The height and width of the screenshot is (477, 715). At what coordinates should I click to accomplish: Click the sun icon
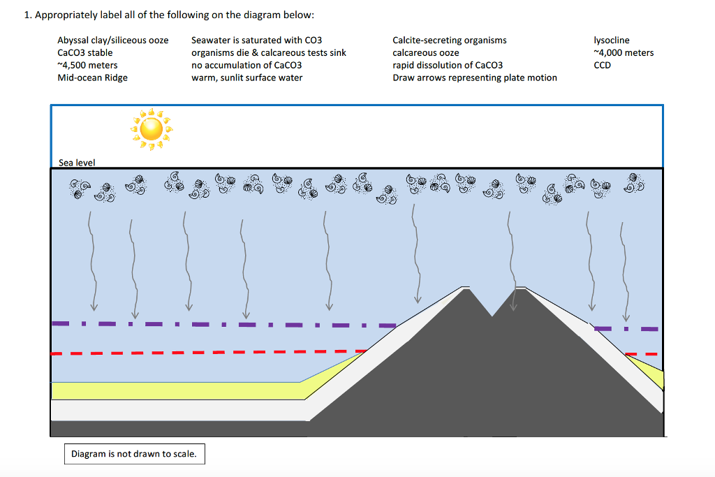pyautogui.click(x=151, y=129)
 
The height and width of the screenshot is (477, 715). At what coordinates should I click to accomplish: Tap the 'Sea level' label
pyautogui.click(x=76, y=163)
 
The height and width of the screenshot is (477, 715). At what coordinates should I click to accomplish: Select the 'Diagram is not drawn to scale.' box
pyautogui.click(x=134, y=454)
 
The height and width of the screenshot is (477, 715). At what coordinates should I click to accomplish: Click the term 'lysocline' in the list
pyautogui.click(x=611, y=41)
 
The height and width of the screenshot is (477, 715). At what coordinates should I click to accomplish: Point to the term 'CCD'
pyautogui.click(x=602, y=66)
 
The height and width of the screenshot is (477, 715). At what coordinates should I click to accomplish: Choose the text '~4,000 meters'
pyautogui.click(x=623, y=53)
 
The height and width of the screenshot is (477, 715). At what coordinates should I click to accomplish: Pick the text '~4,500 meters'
pyautogui.click(x=87, y=66)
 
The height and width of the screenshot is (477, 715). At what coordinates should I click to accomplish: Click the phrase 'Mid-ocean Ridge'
pyautogui.click(x=92, y=78)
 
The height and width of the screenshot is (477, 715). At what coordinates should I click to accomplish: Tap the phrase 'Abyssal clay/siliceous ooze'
pyautogui.click(x=112, y=41)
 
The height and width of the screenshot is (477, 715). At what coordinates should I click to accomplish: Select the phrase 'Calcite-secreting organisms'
pyautogui.click(x=450, y=41)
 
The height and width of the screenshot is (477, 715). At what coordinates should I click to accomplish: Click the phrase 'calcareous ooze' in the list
pyautogui.click(x=426, y=53)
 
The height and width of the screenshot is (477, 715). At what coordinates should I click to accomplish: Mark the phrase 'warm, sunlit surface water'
pyautogui.click(x=246, y=78)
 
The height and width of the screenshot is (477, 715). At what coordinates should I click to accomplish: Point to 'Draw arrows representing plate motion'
pyautogui.click(x=475, y=78)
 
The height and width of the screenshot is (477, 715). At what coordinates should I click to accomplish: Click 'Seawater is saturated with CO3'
pyautogui.click(x=256, y=41)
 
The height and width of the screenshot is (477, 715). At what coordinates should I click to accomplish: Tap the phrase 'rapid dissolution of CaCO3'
pyautogui.click(x=448, y=66)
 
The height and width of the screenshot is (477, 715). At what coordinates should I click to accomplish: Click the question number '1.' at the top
pyautogui.click(x=28, y=15)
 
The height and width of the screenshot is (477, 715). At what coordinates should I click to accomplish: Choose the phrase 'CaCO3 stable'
pyautogui.click(x=84, y=53)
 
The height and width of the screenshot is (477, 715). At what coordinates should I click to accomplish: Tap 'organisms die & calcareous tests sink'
pyautogui.click(x=268, y=53)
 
